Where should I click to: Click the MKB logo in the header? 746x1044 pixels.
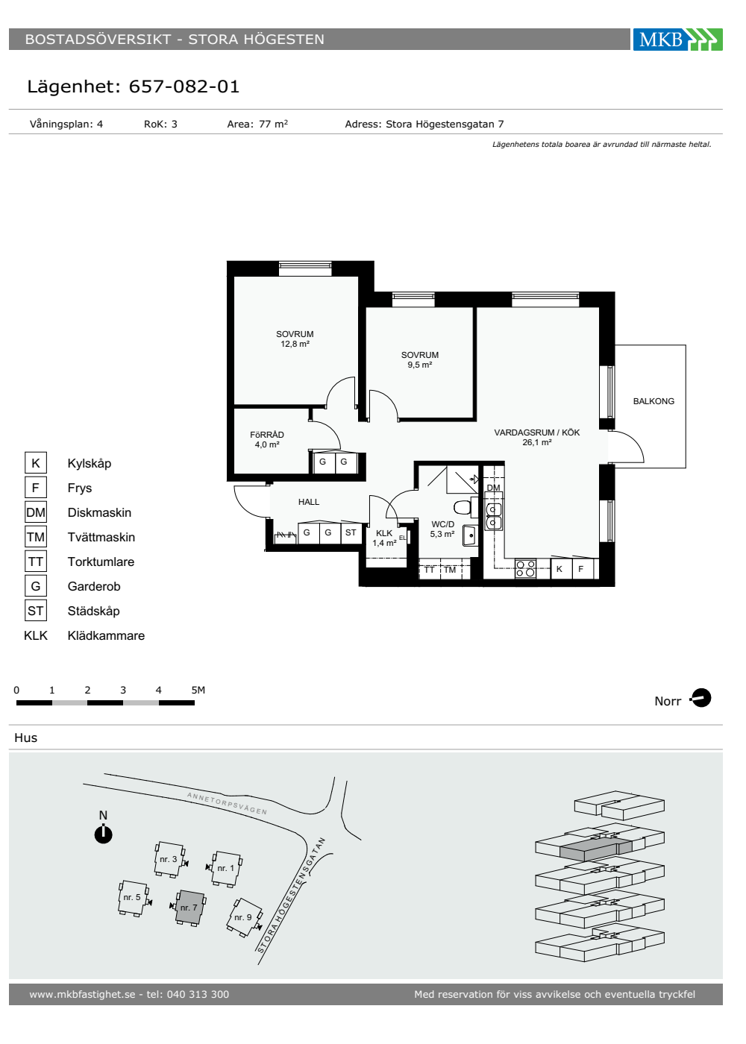click(677, 39)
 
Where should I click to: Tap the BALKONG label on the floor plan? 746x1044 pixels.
click(653, 401)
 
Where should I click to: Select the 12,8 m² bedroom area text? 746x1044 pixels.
click(295, 344)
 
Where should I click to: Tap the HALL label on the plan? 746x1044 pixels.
click(309, 502)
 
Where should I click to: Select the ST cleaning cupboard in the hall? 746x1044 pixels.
click(351, 532)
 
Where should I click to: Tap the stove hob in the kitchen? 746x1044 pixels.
click(525, 569)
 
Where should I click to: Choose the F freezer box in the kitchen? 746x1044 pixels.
click(581, 568)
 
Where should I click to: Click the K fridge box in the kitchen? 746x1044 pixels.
click(560, 568)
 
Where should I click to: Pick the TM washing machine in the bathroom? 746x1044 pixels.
click(451, 570)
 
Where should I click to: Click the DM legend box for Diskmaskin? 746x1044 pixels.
click(36, 512)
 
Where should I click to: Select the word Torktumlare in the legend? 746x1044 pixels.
click(101, 562)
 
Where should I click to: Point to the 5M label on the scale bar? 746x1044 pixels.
click(198, 690)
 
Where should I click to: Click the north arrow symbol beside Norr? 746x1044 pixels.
click(700, 698)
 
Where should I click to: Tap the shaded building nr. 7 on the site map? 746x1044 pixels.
click(189, 907)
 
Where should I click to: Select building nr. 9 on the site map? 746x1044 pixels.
click(245, 917)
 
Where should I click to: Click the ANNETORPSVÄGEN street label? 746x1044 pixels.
click(227, 804)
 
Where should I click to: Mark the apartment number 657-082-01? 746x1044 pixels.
click(184, 87)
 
